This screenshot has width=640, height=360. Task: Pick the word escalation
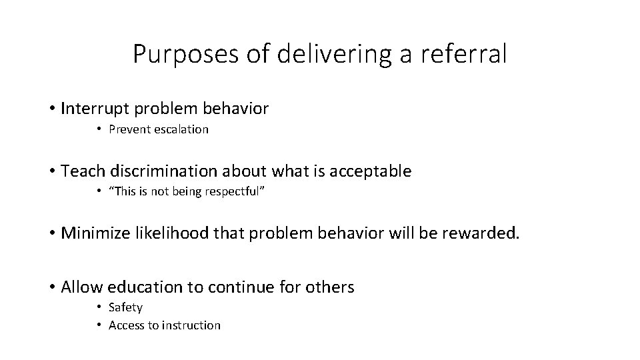pyautogui.click(x=181, y=129)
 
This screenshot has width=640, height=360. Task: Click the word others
pyautogui.click(x=331, y=287)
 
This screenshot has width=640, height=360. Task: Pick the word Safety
pyautogui.click(x=125, y=307)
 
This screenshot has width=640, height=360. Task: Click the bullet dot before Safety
pyautogui.click(x=98, y=307)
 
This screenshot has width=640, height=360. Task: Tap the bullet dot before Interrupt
pyautogui.click(x=51, y=109)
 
